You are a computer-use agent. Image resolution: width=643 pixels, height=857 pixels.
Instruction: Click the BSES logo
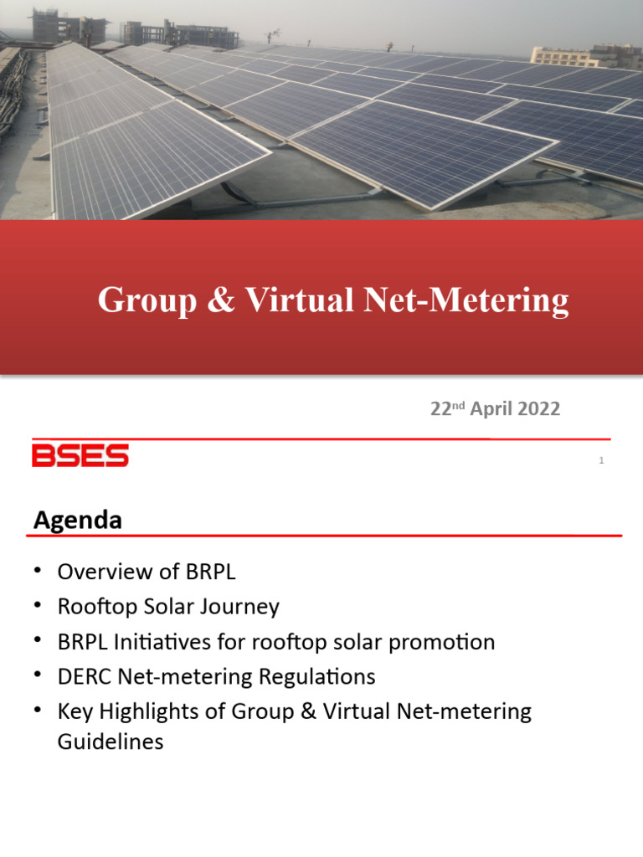coord(80,456)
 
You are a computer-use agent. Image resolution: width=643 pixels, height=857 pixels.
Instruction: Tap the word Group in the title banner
coord(143,300)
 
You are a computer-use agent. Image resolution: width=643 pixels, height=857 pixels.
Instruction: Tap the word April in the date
coord(486,409)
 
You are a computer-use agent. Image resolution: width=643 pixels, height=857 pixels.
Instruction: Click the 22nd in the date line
coord(446,408)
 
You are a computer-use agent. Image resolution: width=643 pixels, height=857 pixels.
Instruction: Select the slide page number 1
coord(601,460)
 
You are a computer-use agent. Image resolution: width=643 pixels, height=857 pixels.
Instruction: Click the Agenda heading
coord(77,520)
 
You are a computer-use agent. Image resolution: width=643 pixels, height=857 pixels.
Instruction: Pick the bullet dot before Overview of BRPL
coord(38,571)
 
